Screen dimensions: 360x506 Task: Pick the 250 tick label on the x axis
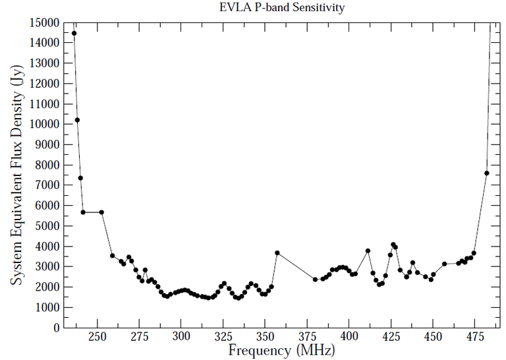(x=98, y=336)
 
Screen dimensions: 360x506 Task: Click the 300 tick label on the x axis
(x=182, y=336)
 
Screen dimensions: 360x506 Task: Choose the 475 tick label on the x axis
(x=475, y=336)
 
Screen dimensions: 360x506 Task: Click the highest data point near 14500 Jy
(x=74, y=33)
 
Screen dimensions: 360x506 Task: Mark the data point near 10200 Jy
(x=77, y=120)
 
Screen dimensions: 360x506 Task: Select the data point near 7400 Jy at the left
(x=80, y=177)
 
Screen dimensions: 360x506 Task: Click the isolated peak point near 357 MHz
(x=277, y=253)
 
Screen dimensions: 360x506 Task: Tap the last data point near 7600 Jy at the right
(x=486, y=173)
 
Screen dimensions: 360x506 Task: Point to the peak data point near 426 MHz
(x=393, y=245)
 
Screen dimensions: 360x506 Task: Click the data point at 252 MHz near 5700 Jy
(x=101, y=212)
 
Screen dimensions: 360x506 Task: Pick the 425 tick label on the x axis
(x=391, y=336)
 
